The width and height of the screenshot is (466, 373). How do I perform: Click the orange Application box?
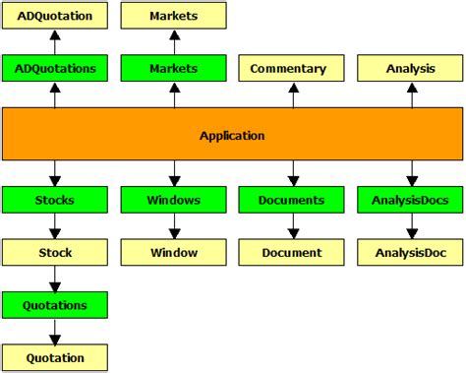click(232, 135)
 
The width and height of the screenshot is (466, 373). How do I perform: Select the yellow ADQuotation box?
click(55, 16)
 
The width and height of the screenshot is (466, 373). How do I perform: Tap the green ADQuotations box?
click(55, 69)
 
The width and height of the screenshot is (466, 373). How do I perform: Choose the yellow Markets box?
click(173, 16)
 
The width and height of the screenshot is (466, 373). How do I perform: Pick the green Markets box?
click(173, 69)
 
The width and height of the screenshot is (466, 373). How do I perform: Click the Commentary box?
click(292, 69)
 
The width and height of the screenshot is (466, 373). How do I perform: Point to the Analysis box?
click(410, 69)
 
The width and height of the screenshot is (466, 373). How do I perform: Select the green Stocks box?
click(55, 200)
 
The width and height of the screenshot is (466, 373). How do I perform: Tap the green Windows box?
click(173, 200)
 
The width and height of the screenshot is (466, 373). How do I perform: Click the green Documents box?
click(292, 200)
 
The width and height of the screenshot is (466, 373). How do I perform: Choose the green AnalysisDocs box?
click(410, 200)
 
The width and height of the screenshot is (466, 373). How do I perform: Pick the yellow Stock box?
click(55, 252)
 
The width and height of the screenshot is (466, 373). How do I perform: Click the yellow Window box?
click(173, 252)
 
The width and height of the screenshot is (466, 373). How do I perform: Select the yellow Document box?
click(292, 252)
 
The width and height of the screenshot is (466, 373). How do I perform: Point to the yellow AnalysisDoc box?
click(410, 252)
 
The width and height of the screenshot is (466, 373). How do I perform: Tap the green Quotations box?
click(55, 305)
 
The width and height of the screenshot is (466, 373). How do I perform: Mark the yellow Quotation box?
click(55, 357)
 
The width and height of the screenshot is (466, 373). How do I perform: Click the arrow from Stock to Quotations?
click(55, 279)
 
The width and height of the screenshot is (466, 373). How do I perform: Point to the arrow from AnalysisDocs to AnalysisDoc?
click(410, 225)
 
